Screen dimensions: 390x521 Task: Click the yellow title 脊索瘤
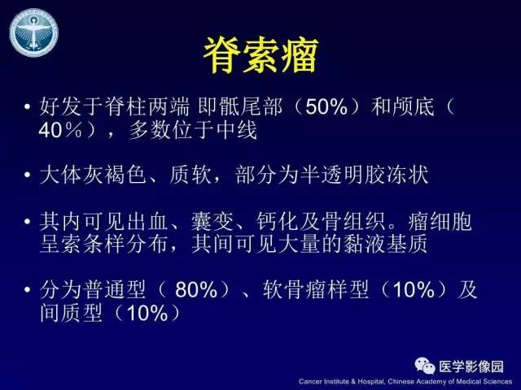(x=260, y=54)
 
